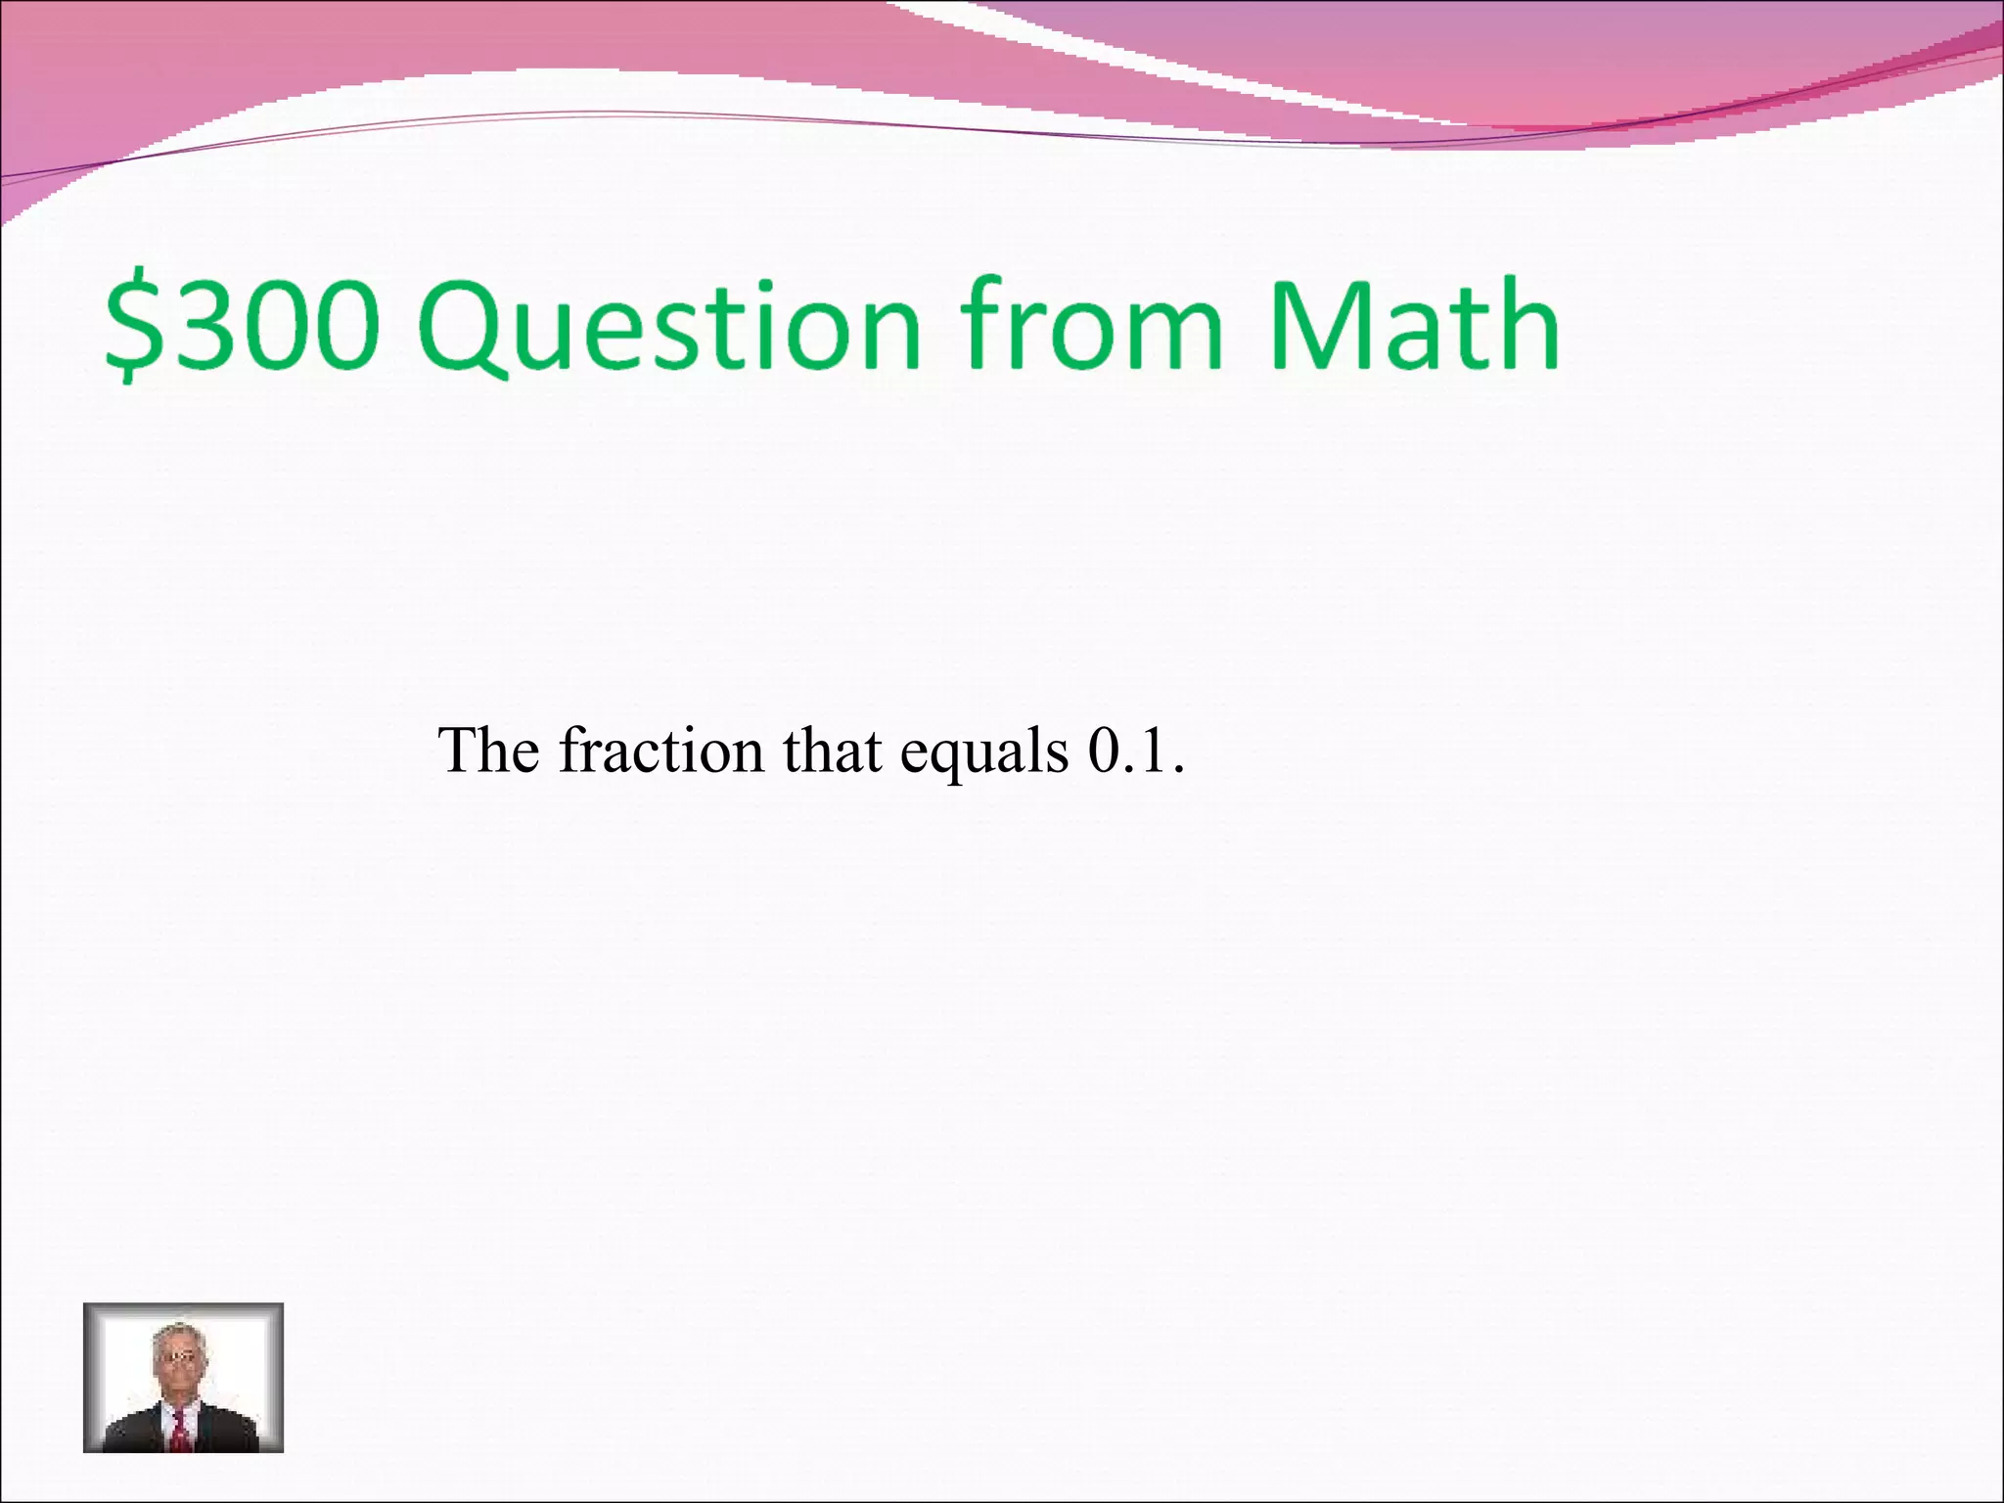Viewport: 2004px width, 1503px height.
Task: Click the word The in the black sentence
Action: click(x=489, y=751)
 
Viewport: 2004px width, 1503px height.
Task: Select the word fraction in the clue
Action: click(x=661, y=751)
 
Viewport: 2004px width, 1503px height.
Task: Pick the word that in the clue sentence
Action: click(x=832, y=751)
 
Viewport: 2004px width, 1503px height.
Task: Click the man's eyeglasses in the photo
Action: click(x=177, y=1357)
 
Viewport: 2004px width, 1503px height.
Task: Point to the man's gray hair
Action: click(x=177, y=1334)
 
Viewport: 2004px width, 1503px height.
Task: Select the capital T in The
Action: click(x=459, y=751)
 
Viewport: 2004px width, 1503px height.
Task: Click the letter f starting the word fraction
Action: click(x=570, y=750)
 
